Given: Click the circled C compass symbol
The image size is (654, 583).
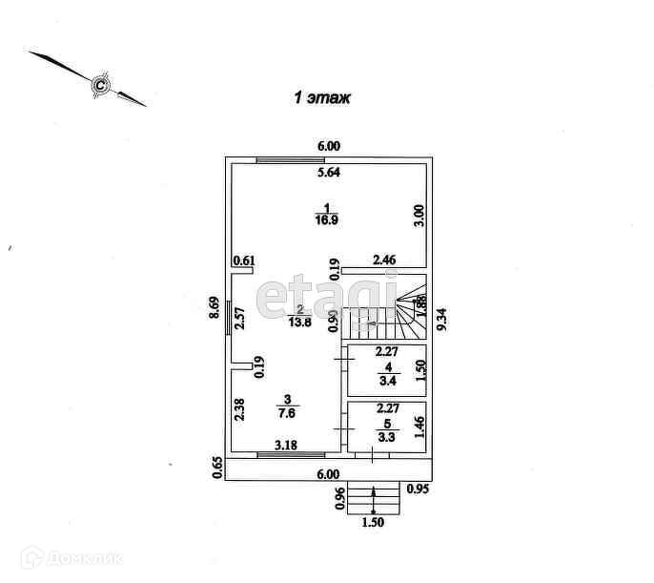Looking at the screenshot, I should tap(99, 86).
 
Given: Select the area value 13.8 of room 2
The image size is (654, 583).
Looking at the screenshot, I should tap(300, 323).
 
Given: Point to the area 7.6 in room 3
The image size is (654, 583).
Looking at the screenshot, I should tap(285, 414).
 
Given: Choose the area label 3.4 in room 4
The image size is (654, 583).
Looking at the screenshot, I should tap(385, 381).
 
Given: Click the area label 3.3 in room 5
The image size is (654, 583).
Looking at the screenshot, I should tap(385, 438).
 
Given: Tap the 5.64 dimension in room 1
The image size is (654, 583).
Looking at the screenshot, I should tap(329, 174).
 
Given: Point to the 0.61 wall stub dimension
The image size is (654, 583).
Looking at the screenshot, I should tap(243, 260).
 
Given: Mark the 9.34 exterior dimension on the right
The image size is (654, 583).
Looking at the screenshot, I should tap(441, 312).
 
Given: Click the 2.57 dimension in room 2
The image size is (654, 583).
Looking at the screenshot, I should tap(240, 317).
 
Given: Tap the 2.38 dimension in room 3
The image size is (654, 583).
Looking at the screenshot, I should tap(239, 410).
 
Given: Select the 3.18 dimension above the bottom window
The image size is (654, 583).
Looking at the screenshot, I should tap(286, 445).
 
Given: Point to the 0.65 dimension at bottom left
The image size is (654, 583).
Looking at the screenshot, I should tap(217, 467).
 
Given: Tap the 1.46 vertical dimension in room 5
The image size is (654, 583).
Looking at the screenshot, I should tap(419, 425).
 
